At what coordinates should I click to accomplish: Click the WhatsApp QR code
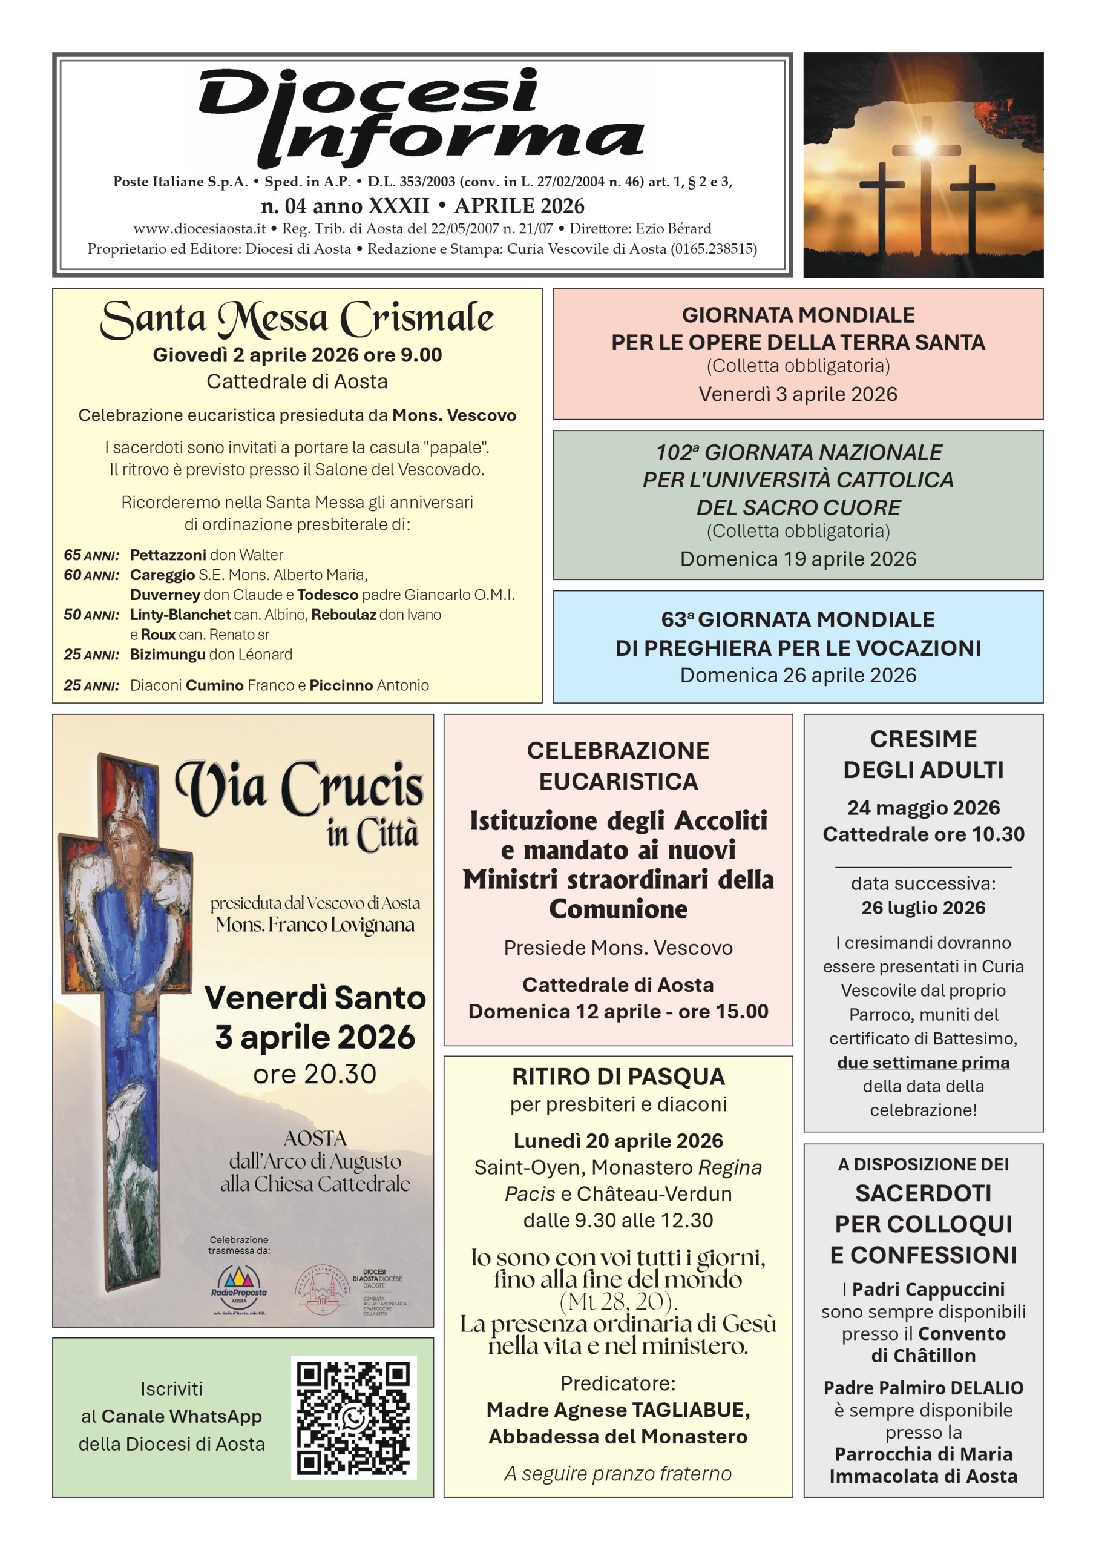(353, 1417)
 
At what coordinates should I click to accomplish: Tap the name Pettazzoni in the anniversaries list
(168, 555)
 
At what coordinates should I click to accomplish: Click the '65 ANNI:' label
(92, 555)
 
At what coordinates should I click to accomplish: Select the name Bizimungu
(168, 654)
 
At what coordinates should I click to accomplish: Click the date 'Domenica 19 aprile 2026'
(798, 559)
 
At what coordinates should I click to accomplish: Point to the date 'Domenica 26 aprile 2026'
(798, 675)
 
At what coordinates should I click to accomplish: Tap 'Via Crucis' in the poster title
(299, 788)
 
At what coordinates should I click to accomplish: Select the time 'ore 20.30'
(315, 1074)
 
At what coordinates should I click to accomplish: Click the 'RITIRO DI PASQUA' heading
(618, 1076)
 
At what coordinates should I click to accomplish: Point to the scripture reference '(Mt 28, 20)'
(618, 1301)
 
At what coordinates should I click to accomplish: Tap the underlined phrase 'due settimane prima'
(924, 1063)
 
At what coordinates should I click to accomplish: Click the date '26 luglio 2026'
(924, 908)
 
